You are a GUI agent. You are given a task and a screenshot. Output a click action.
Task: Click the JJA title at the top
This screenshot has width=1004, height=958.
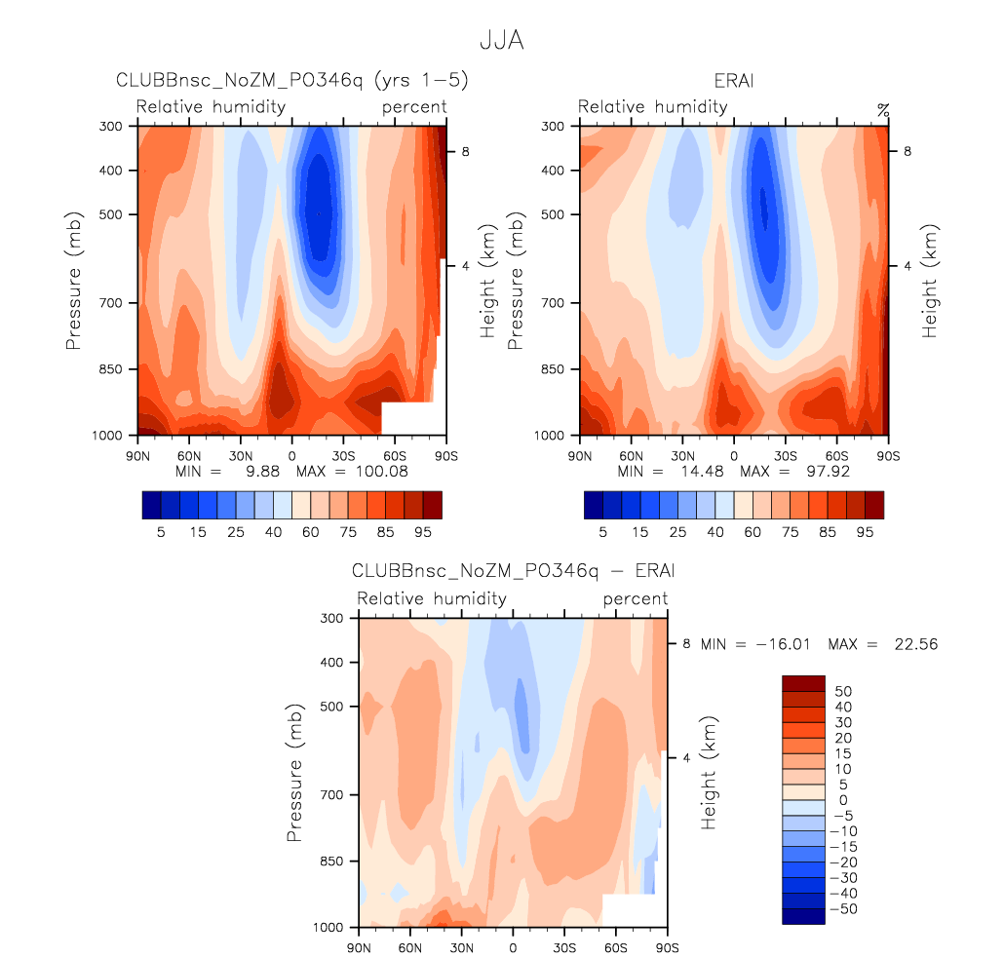502,42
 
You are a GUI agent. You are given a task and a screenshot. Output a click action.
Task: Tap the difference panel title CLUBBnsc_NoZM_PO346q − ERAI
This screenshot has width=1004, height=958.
514,570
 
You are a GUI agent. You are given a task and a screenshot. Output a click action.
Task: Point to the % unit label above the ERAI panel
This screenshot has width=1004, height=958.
883,109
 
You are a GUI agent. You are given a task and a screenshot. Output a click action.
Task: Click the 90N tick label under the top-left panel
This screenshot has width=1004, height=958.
138,454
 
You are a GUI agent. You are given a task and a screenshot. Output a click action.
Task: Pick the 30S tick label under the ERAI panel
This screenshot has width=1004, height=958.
785,454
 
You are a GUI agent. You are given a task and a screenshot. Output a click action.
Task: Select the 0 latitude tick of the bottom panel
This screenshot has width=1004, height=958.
513,946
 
